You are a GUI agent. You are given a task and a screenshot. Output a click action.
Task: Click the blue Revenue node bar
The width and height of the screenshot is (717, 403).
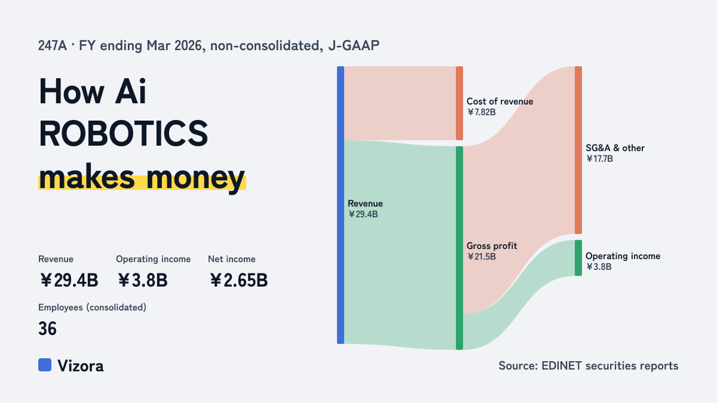(x=341, y=205)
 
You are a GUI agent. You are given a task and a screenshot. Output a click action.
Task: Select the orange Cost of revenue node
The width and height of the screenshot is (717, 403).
(x=459, y=103)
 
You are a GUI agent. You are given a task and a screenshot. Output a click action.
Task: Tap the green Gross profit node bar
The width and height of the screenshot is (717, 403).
(x=459, y=248)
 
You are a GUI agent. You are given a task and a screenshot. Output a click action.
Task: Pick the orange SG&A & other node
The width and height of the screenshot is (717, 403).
(x=578, y=150)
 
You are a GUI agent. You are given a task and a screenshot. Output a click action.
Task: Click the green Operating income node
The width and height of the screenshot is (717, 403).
(x=578, y=258)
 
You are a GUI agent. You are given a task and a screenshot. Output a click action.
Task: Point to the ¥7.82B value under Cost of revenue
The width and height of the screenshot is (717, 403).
(x=481, y=112)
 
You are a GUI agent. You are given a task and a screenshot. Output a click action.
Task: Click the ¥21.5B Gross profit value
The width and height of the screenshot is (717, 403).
(x=481, y=257)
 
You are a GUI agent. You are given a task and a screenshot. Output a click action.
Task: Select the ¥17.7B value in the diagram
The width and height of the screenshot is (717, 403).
(x=599, y=159)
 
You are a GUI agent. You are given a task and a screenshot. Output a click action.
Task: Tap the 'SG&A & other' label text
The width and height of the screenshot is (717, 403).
(x=615, y=148)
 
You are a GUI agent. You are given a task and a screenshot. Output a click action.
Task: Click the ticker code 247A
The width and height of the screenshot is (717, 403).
(x=53, y=45)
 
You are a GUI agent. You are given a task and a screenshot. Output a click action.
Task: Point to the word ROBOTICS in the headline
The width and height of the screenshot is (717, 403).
(x=124, y=134)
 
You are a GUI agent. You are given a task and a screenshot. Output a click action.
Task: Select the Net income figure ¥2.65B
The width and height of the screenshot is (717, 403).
(x=239, y=280)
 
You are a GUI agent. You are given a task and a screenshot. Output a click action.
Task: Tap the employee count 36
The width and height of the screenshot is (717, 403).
(x=47, y=328)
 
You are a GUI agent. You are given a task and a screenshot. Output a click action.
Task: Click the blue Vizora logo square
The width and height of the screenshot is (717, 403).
(x=45, y=365)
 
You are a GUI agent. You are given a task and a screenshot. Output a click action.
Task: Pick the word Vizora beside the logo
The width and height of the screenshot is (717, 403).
(x=81, y=365)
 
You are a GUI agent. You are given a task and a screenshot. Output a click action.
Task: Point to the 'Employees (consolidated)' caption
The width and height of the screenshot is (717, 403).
(x=92, y=307)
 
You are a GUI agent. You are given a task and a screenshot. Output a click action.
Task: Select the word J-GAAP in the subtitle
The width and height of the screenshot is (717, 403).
(x=354, y=45)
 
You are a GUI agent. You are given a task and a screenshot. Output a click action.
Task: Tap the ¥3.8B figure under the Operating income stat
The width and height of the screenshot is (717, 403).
(x=142, y=280)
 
